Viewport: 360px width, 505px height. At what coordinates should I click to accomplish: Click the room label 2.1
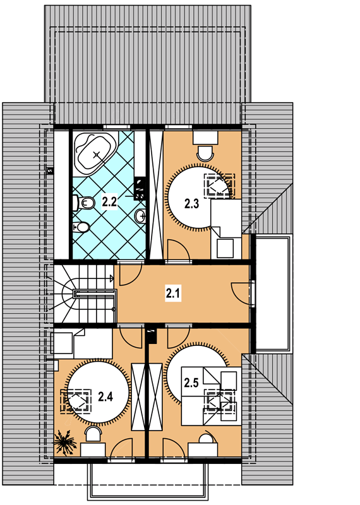(173, 294)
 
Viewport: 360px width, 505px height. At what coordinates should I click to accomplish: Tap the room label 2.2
(109, 201)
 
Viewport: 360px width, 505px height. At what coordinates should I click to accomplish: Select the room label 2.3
(191, 203)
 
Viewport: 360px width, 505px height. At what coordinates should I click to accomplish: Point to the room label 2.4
(105, 396)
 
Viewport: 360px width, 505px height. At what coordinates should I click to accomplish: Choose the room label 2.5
(191, 383)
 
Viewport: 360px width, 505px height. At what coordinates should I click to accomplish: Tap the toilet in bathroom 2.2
(83, 203)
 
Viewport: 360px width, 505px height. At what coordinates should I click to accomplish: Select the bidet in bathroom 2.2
(81, 227)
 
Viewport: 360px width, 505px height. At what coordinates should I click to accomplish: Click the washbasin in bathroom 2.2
(141, 215)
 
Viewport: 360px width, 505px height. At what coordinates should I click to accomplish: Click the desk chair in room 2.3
(205, 153)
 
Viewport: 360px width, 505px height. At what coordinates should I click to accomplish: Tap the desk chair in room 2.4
(93, 434)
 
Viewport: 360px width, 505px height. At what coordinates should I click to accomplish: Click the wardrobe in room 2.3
(157, 195)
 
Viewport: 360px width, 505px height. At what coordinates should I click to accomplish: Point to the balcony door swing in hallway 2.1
(241, 294)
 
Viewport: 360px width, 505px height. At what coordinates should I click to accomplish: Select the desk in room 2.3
(205, 138)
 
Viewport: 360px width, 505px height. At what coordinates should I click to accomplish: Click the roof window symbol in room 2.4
(76, 401)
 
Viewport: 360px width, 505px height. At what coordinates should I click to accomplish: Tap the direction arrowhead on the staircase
(112, 278)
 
